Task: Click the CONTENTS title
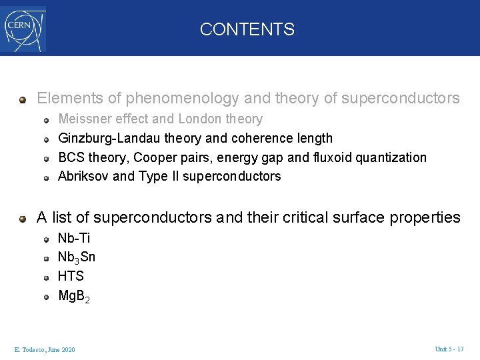coord(247,29)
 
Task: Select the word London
coord(199,119)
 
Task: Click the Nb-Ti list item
coord(74,238)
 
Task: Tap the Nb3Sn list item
coord(77,257)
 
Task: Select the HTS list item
coord(71,276)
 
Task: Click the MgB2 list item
coord(74,295)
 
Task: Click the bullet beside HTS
coord(47,277)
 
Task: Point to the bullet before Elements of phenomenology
coord(23,99)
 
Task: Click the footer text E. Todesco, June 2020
coord(45,350)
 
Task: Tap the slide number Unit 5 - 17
coord(449,349)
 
